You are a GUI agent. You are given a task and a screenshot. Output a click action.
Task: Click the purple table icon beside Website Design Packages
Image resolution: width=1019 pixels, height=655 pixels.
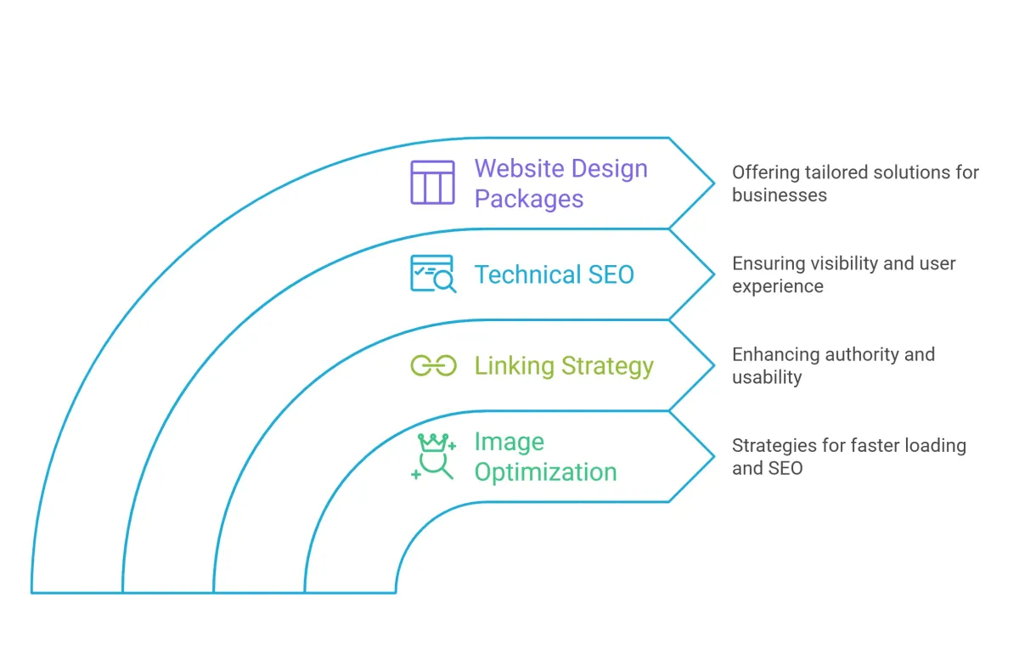pyautogui.click(x=433, y=183)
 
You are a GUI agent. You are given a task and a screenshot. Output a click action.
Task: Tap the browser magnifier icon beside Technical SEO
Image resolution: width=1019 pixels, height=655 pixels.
pyautogui.click(x=433, y=274)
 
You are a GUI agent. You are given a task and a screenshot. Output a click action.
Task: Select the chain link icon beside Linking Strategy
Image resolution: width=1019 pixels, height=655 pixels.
pyautogui.click(x=433, y=366)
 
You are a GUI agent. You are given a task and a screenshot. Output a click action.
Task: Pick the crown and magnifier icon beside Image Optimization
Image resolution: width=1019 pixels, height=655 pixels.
pyautogui.click(x=434, y=457)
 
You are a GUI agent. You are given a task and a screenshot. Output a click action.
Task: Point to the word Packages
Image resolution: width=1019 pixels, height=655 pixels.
pyautogui.click(x=528, y=200)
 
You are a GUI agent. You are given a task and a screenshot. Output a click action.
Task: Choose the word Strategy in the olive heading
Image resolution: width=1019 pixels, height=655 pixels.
pyautogui.click(x=607, y=366)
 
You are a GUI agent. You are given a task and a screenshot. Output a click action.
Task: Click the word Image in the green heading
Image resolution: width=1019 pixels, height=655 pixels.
pyautogui.click(x=509, y=443)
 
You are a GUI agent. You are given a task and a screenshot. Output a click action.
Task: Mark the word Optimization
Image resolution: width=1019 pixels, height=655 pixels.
pyautogui.click(x=545, y=472)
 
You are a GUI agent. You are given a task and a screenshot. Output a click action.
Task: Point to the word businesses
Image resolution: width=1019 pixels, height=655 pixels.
pyautogui.click(x=780, y=195)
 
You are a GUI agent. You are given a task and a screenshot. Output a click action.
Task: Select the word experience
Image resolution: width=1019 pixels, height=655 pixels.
pyautogui.click(x=778, y=287)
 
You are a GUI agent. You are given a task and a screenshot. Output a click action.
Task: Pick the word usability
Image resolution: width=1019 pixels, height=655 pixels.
pyautogui.click(x=767, y=378)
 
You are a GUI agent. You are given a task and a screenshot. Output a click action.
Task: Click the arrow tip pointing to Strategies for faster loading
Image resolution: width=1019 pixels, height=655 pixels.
pyautogui.click(x=712, y=456)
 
